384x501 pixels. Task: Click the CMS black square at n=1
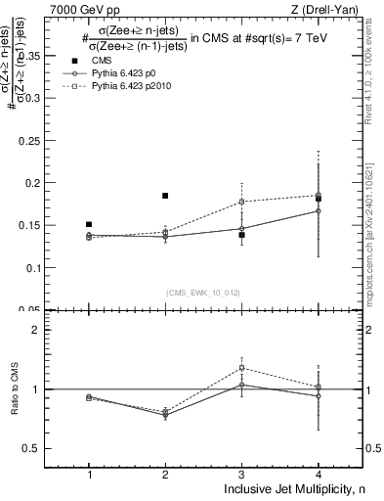tap(89, 224)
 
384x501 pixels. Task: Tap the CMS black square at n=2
tap(165, 196)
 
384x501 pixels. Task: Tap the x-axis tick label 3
tap(241, 476)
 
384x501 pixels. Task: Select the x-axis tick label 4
tap(318, 476)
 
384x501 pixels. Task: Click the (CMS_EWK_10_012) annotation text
tap(202, 293)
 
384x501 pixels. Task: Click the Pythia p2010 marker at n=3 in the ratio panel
tap(241, 368)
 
